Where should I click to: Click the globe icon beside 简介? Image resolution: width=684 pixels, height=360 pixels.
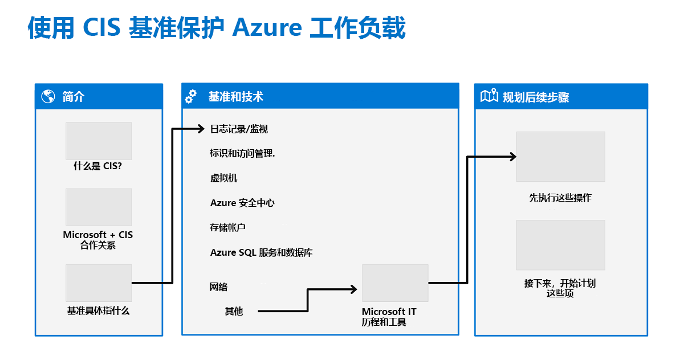pyautogui.click(x=48, y=96)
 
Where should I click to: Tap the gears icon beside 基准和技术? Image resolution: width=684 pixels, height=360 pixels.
pyautogui.click(x=191, y=96)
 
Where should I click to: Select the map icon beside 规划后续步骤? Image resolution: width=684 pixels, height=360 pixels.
pyautogui.click(x=489, y=96)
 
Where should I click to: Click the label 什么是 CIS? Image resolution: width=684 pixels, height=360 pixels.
pyautogui.click(x=98, y=166)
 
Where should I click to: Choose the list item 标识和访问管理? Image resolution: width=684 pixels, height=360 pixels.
pyautogui.click(x=242, y=153)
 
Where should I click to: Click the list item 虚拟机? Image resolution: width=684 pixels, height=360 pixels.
pyautogui.click(x=223, y=178)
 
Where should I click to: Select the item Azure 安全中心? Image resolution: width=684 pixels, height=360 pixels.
pyautogui.click(x=242, y=203)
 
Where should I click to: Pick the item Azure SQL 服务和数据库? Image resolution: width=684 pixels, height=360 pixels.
pyautogui.click(x=261, y=252)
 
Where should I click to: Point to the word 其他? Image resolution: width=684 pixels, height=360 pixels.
pyautogui.click(x=233, y=311)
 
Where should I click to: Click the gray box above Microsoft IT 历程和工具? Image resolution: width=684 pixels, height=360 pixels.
pyautogui.click(x=395, y=283)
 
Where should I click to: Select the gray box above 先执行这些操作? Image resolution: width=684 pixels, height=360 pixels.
pyautogui.click(x=560, y=157)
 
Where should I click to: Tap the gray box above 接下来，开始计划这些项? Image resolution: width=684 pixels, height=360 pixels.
pyautogui.click(x=560, y=245)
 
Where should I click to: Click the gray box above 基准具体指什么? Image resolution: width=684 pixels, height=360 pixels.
pyautogui.click(x=99, y=283)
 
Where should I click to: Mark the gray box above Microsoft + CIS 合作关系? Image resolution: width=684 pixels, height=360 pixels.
pyautogui.click(x=99, y=207)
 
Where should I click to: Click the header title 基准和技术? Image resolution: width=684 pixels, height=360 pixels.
pyautogui.click(x=235, y=97)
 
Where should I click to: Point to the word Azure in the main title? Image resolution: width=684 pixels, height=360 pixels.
pyautogui.click(x=266, y=27)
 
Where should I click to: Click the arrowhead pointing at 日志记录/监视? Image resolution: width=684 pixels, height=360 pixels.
pyautogui.click(x=200, y=129)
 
